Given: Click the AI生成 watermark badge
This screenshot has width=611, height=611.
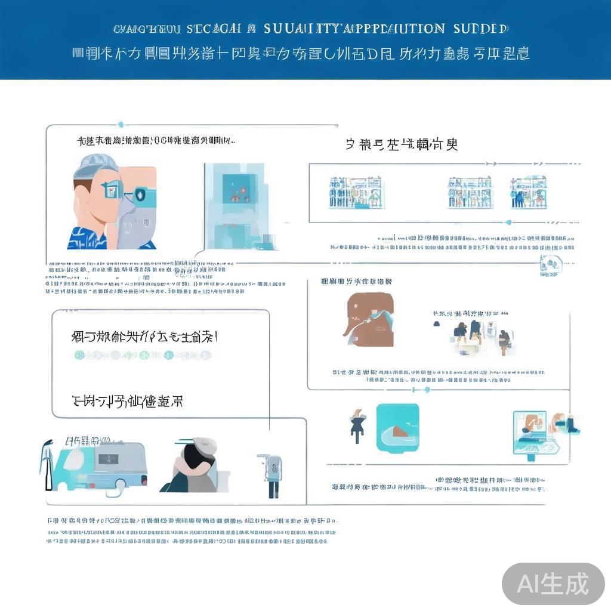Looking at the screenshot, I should pyautogui.click(x=553, y=583).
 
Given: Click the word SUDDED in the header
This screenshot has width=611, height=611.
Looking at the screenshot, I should pyautogui.click(x=480, y=29).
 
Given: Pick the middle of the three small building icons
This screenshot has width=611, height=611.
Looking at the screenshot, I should pyautogui.click(x=470, y=192).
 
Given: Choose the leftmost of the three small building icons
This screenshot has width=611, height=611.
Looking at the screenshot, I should pyautogui.click(x=356, y=192).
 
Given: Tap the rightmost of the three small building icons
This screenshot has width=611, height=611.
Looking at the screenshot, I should pyautogui.click(x=529, y=192).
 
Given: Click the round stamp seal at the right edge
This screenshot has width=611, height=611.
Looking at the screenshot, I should pyautogui.click(x=550, y=264).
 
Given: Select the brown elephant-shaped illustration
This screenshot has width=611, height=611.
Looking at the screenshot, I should pyautogui.click(x=370, y=319).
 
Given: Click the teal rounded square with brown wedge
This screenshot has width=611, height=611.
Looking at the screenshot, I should pyautogui.click(x=397, y=426).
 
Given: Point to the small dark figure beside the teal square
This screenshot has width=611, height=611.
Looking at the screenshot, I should pyautogui.click(x=357, y=425).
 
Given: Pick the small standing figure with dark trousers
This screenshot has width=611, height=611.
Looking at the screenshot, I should pyautogui.click(x=273, y=476).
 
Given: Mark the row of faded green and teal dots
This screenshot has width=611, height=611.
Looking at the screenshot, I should pyautogui.click(x=143, y=356).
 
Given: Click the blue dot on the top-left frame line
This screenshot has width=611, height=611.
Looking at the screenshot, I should pyautogui.click(x=121, y=125).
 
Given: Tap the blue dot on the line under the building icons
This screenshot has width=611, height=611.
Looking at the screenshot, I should pyautogui.click(x=508, y=222).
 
